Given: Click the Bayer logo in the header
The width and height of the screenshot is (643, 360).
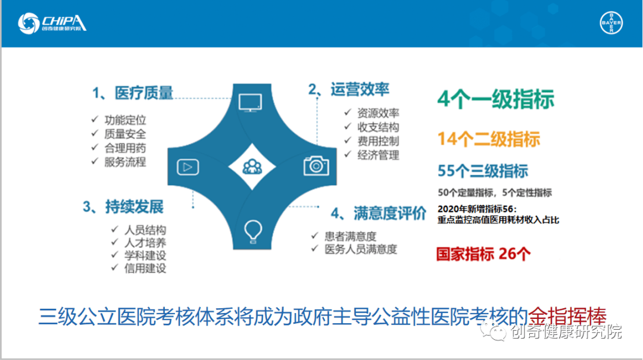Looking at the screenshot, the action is [x=611, y=23].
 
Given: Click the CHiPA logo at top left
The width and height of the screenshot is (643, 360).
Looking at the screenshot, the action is [x=52, y=23].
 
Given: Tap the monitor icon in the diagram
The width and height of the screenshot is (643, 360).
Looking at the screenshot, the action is [x=250, y=102].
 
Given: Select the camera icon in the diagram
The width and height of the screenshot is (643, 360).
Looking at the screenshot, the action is [x=316, y=165].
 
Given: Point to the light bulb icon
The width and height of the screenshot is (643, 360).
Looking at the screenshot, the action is [x=252, y=231].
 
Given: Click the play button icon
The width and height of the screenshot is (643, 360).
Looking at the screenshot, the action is [x=188, y=167].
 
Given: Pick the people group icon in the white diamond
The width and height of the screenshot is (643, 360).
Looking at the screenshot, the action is [x=252, y=167].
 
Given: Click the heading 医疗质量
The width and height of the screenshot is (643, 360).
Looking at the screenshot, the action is [x=143, y=93].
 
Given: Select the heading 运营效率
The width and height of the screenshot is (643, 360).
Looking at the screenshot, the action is [x=360, y=89].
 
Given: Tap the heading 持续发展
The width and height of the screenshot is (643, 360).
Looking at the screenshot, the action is [x=134, y=206].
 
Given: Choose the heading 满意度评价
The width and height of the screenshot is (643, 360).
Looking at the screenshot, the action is [x=389, y=213].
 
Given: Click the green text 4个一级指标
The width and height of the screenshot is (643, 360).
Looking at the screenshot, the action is [x=496, y=99].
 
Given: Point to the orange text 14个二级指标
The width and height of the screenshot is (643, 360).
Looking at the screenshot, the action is [x=489, y=139].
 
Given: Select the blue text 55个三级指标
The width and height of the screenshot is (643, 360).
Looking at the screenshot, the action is [x=483, y=171].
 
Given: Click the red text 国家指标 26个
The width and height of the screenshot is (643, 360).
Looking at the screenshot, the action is [x=483, y=254].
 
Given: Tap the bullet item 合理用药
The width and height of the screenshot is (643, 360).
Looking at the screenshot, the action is [x=125, y=148].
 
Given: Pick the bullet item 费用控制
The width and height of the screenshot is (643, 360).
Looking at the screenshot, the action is [x=378, y=141].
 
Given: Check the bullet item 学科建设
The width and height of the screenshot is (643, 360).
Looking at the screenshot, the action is [x=145, y=255].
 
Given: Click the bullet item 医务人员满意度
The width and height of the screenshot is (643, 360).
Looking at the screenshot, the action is [x=361, y=249].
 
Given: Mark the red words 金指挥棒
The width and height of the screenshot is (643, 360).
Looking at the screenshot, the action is [x=567, y=316].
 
